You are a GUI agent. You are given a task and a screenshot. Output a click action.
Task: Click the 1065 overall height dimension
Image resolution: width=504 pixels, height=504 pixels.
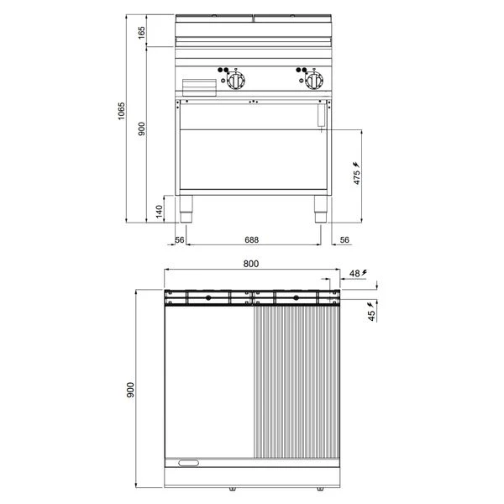[x=121, y=111]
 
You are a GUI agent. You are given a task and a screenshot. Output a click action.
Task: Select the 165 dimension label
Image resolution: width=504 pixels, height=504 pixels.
[x=141, y=33]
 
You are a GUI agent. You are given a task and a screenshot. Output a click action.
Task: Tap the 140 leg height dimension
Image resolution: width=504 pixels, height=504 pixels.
[x=159, y=211]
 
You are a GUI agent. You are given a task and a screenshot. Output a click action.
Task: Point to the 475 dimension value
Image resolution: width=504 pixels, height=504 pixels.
[x=357, y=178]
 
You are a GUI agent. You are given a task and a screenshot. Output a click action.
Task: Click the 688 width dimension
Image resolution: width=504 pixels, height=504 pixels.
[x=251, y=239]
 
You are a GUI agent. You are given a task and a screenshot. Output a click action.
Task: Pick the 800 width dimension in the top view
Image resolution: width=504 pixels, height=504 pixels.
[x=250, y=264]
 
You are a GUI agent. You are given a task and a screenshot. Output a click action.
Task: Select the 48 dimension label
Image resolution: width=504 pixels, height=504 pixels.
[x=354, y=273]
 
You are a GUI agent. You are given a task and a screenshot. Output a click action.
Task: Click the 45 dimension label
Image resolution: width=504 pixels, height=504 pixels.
[x=372, y=316]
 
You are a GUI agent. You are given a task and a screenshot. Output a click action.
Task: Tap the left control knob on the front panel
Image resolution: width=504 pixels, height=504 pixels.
[x=236, y=80]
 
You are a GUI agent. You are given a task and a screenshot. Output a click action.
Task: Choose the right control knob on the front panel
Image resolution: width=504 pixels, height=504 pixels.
[x=314, y=80]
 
